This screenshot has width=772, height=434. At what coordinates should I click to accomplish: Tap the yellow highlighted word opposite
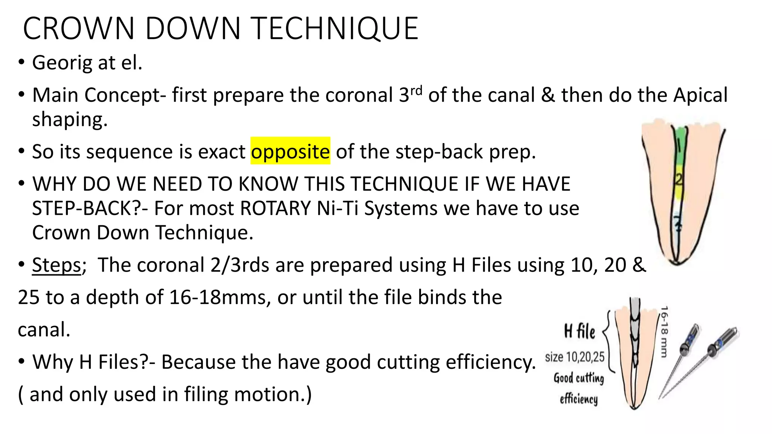pyautogui.click(x=290, y=151)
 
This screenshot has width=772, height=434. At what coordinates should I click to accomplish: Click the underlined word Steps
pyautogui.click(x=57, y=265)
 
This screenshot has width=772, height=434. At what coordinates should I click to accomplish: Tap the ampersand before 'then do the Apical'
pyautogui.click(x=548, y=95)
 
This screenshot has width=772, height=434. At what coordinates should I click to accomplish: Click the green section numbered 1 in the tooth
pyautogui.click(x=679, y=145)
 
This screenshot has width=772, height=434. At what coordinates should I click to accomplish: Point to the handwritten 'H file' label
pyautogui.click(x=579, y=331)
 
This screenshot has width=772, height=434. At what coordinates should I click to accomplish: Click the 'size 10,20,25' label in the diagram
pyautogui.click(x=574, y=357)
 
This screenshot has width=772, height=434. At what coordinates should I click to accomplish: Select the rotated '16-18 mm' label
pyautogui.click(x=664, y=332)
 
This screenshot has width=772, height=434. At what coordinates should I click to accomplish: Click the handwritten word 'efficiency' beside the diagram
pyautogui.click(x=579, y=399)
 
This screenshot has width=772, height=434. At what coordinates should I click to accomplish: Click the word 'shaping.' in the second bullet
pyautogui.click(x=70, y=119)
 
